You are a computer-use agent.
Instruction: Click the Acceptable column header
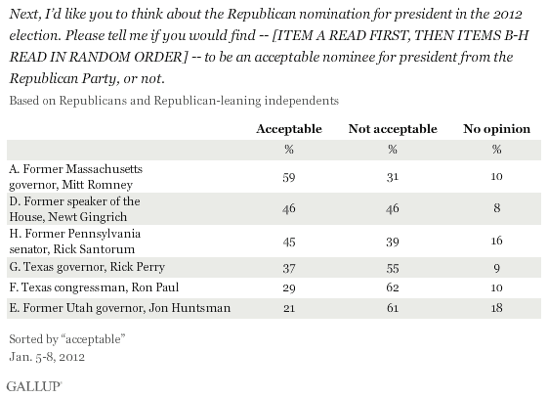(x=289, y=129)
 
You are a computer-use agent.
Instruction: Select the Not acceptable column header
(x=393, y=129)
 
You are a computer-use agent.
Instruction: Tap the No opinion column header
(x=496, y=129)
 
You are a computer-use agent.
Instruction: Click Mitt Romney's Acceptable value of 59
(x=289, y=177)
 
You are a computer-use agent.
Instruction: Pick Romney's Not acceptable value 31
(x=393, y=177)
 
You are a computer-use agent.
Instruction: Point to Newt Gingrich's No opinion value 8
(x=496, y=208)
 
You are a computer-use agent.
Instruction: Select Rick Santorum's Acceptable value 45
(x=289, y=242)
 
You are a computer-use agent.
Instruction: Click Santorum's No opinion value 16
(x=496, y=241)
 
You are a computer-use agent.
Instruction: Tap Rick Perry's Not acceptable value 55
(x=393, y=268)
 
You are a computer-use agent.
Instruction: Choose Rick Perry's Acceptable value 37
(x=289, y=268)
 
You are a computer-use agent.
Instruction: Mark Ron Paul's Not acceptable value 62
(x=393, y=287)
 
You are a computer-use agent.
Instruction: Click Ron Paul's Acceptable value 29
(x=289, y=288)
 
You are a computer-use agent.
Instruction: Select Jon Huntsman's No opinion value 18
(x=496, y=308)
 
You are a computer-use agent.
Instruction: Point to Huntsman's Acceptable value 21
(x=289, y=308)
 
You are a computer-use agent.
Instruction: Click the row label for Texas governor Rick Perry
(x=87, y=267)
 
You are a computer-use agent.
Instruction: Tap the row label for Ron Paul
(x=94, y=287)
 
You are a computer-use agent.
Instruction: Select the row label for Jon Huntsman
(x=120, y=308)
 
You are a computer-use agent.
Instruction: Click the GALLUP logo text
(x=34, y=386)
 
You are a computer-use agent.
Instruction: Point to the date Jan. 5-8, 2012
(x=47, y=357)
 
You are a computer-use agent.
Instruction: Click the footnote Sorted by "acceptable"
(x=67, y=339)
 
